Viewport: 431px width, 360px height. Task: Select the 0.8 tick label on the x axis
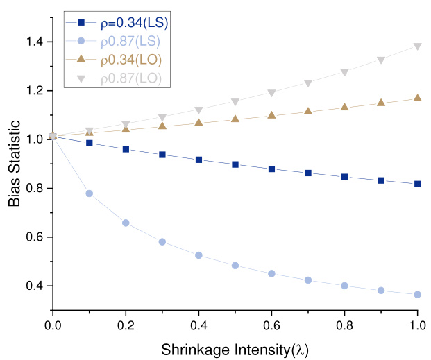pyautogui.click(x=344, y=323)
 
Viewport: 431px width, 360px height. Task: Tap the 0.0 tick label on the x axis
pyautogui.click(x=53, y=323)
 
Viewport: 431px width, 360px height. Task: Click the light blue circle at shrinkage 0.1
pyautogui.click(x=89, y=194)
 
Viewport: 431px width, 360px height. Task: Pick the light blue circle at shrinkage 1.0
pyautogui.click(x=417, y=294)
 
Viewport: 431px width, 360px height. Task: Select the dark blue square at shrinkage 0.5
pyautogui.click(x=235, y=164)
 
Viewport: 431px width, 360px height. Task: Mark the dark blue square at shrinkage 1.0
pyautogui.click(x=417, y=184)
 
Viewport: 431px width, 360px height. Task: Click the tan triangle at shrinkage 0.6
pyautogui.click(x=271, y=114)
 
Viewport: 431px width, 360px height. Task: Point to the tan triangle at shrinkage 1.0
pyautogui.click(x=417, y=98)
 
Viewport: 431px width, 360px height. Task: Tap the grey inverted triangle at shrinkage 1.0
pyautogui.click(x=417, y=46)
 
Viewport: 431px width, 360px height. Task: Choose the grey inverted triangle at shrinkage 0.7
pyautogui.click(x=308, y=83)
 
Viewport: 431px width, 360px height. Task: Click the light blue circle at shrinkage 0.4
pyautogui.click(x=198, y=255)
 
